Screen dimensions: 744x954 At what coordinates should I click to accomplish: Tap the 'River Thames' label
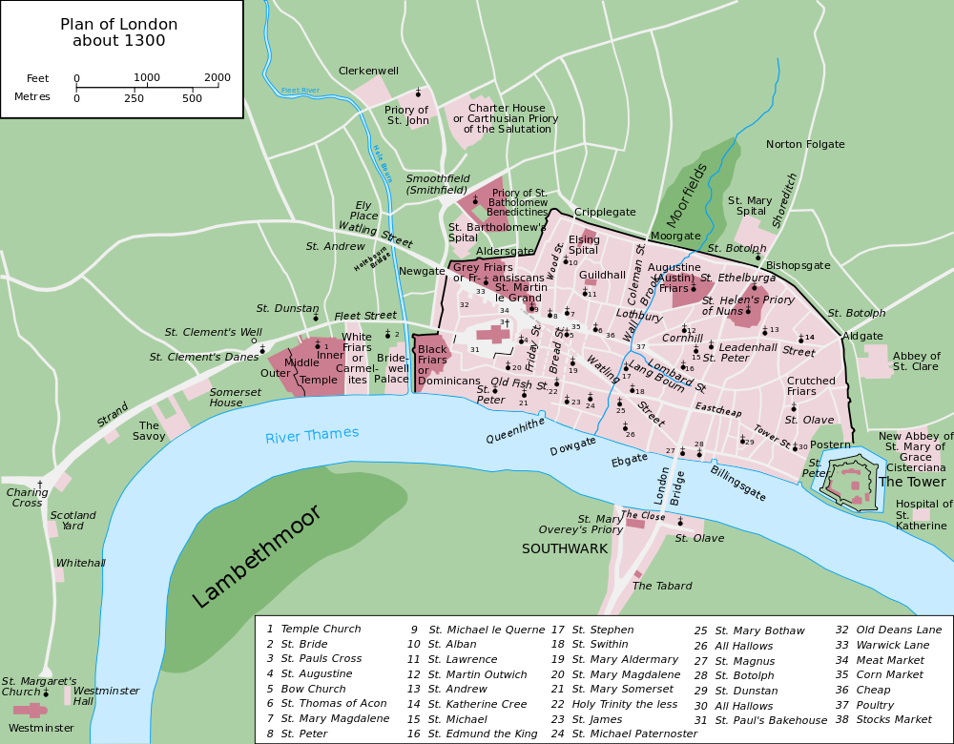point(312,435)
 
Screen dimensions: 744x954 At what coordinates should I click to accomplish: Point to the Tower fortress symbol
point(848,482)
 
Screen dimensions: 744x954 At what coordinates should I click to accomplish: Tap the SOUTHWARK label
point(564,548)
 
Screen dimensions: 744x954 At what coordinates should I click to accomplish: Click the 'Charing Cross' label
point(28,498)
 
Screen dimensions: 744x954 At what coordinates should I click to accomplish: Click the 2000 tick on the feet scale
point(218,78)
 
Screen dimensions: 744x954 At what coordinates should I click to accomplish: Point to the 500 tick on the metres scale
point(193,98)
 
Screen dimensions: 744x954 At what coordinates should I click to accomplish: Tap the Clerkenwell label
point(368,71)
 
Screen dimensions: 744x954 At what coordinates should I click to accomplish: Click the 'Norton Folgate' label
point(805,144)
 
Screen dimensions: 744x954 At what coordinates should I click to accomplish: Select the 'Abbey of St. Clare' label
point(916,362)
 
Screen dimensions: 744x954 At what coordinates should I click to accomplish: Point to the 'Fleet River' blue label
point(300,90)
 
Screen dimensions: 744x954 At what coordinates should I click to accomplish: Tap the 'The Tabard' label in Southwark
point(662,586)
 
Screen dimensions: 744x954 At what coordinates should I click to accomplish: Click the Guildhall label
point(602,275)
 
